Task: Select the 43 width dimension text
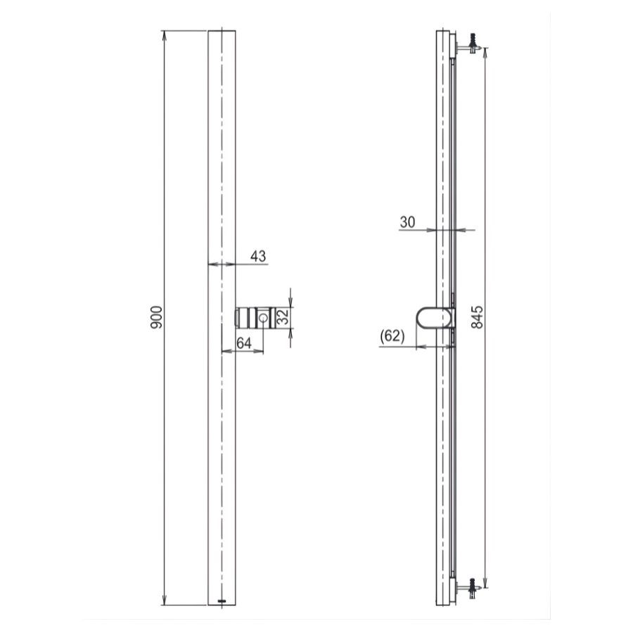258,257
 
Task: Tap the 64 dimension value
244,343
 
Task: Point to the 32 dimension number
282,317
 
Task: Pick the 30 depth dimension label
407,222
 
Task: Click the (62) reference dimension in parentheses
392,336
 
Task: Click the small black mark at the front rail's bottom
222,601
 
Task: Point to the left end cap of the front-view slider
238,318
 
